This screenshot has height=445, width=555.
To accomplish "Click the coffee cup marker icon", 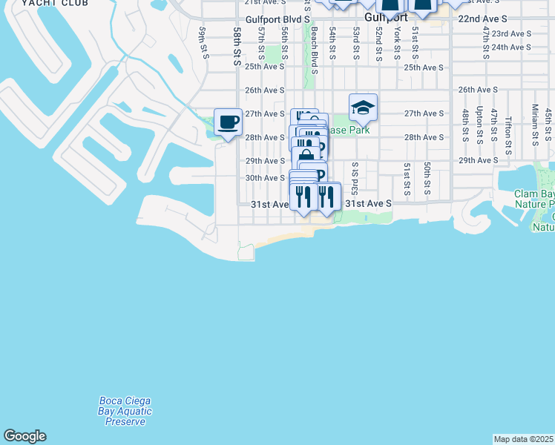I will pos(228,121).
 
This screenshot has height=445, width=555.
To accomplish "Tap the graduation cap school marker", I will pos(363,108).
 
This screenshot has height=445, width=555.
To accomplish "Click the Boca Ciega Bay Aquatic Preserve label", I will pos(125,411).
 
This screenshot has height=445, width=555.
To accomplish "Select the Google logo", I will pos(24,436).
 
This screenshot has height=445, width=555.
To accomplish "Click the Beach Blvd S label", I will pos(315,51).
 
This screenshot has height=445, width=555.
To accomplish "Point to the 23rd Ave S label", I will pos(511,33).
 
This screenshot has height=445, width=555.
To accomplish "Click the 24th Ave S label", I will pos(511,47).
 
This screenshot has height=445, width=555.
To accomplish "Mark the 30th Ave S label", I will pos(265,178).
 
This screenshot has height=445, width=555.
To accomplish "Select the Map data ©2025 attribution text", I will pos(524,438).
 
